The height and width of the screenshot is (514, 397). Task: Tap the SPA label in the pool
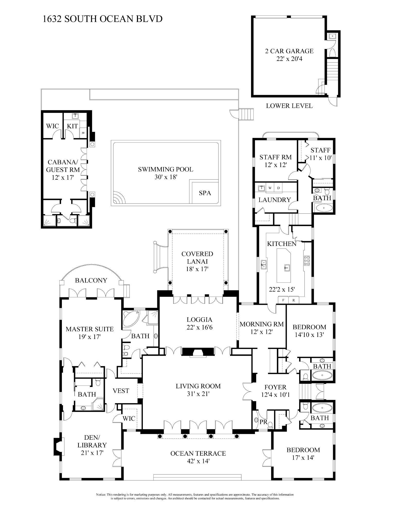[205, 193]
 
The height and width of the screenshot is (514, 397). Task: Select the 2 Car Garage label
[289, 51]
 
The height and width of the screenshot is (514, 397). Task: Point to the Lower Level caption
[289, 106]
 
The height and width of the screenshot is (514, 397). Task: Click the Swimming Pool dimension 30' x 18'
[166, 177]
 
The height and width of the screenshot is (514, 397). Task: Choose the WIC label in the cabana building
[52, 126]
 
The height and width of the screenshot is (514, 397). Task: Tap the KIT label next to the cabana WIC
[72, 126]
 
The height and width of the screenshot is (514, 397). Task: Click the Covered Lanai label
[197, 258]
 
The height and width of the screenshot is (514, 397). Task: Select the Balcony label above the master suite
[91, 280]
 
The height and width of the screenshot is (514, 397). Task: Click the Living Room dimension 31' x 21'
[198, 394]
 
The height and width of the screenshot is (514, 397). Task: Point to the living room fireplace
[198, 352]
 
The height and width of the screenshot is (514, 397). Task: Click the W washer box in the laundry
[270, 188]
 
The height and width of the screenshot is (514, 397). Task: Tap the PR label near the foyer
[263, 422]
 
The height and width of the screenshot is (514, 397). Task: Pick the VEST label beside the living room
[121, 391]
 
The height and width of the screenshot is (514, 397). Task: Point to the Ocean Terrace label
[198, 453]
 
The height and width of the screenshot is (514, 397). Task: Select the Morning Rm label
[262, 324]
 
